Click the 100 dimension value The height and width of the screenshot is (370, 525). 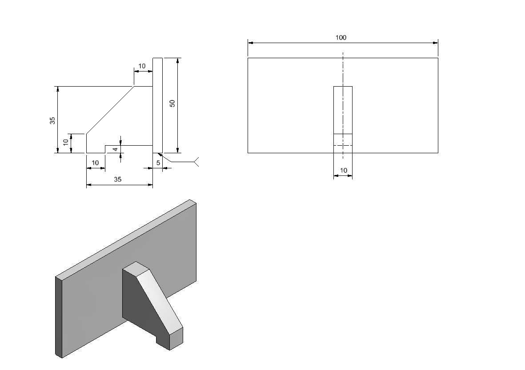pos(341,37)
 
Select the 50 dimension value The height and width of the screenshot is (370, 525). pos(172,103)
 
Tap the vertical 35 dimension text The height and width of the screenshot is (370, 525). pos(52,121)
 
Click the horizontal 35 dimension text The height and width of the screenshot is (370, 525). pos(117,179)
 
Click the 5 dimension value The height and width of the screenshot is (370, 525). pos(158,163)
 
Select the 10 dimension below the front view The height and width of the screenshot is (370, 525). pos(344,170)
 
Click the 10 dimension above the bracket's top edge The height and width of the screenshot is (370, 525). pos(142,66)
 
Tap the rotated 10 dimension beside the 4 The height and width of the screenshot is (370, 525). pos(66,142)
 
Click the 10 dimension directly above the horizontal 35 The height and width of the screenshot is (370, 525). pos(96,163)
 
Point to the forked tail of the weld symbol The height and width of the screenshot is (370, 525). pos(196,162)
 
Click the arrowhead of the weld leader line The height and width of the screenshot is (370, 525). pos(160,155)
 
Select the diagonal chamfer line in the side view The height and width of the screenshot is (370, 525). pos(110,110)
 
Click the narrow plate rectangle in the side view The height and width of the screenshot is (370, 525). pos(158,105)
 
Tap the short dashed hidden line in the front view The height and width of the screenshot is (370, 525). pos(343,146)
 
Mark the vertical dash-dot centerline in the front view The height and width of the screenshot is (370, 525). pos(343,105)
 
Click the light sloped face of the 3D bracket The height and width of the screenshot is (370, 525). pos(160,301)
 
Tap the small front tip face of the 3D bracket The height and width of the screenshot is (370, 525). pos(176,338)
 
